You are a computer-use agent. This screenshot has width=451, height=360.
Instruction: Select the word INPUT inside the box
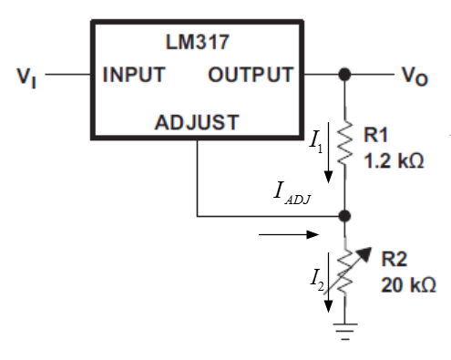[133, 76]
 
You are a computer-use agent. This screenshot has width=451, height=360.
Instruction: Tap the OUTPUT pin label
[251, 76]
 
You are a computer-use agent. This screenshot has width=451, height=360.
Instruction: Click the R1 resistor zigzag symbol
[343, 144]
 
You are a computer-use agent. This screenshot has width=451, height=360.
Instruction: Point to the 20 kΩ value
[404, 284]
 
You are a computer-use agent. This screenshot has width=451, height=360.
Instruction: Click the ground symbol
[343, 331]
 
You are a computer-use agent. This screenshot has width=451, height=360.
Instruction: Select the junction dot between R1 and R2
[343, 217]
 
